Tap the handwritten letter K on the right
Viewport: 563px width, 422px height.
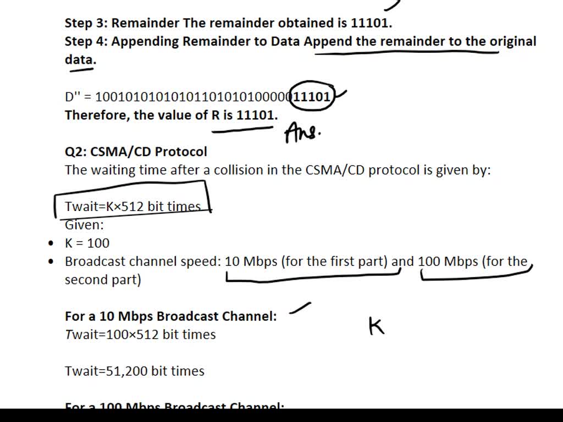coord(377,326)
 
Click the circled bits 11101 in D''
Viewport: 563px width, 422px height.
coord(312,97)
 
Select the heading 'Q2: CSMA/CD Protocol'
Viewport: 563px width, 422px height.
coord(136,152)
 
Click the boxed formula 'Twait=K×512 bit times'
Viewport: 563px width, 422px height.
coord(133,206)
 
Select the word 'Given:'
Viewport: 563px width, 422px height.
coord(84,225)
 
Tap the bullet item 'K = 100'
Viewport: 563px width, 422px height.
coord(87,243)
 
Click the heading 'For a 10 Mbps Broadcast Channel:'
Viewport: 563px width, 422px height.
coord(170,316)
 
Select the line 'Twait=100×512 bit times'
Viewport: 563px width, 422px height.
coord(140,335)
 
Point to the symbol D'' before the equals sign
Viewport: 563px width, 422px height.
coord(73,97)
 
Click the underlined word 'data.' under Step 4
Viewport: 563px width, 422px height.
coord(80,59)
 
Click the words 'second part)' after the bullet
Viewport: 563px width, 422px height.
coord(103,280)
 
